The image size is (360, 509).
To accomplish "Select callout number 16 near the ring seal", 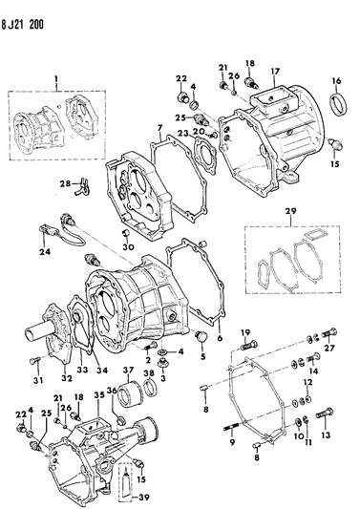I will click(336, 83).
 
